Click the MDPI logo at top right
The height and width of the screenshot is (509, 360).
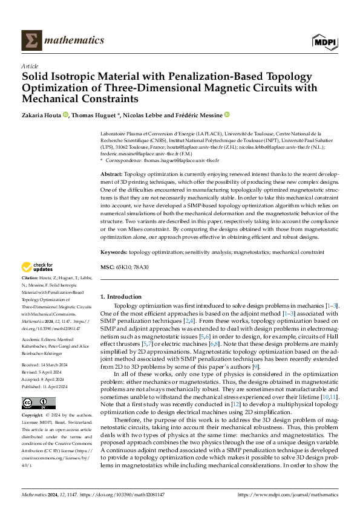[326, 41]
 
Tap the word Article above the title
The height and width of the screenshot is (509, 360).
[30, 66]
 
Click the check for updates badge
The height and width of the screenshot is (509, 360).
[38, 267]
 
